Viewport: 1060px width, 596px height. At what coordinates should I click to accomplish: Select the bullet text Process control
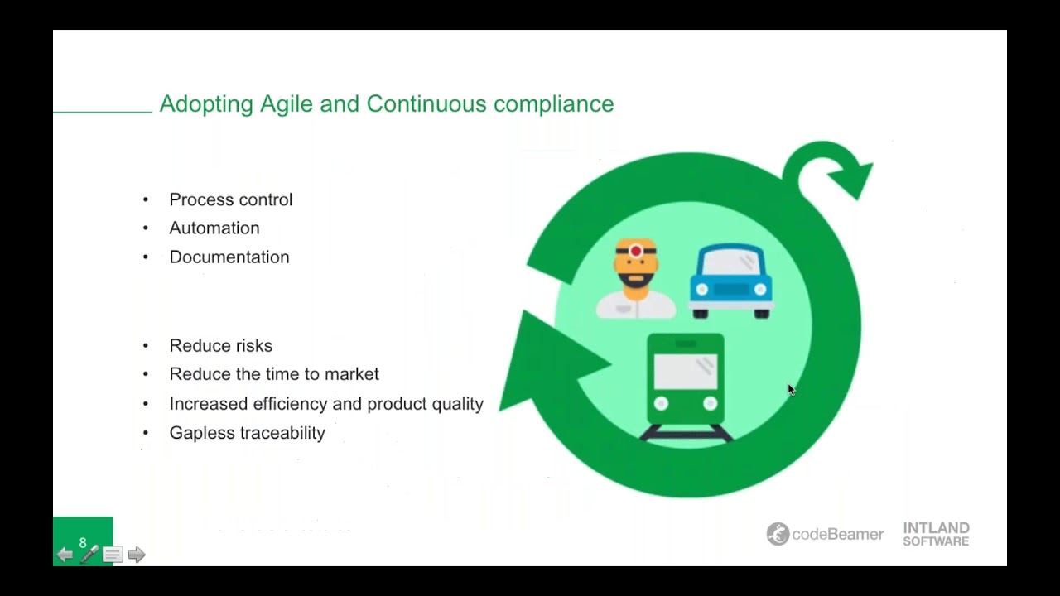coord(230,199)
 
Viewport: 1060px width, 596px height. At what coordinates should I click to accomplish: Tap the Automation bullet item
coord(214,228)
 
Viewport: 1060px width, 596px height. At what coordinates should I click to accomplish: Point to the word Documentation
coord(229,257)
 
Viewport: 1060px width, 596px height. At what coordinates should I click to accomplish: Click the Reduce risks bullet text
coord(220,345)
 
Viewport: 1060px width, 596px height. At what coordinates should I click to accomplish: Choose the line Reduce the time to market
coord(274,374)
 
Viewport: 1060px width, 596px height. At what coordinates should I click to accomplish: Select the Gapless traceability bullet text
coord(247,433)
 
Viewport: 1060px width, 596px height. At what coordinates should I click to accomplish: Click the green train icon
coord(686,385)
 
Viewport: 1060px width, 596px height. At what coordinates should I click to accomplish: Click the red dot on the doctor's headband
coord(636,251)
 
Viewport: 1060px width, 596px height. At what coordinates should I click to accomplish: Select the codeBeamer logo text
coord(837,535)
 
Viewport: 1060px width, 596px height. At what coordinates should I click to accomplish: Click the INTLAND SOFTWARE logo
coord(936,534)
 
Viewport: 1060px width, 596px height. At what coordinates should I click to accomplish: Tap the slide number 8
coord(83,543)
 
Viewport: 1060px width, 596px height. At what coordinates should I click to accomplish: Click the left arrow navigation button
coord(65,555)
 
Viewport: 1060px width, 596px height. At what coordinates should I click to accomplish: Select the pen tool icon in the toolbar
coord(89,555)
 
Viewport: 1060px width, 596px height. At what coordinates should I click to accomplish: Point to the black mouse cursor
coord(791,390)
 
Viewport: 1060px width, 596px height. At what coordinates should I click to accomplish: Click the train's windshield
coord(686,372)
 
